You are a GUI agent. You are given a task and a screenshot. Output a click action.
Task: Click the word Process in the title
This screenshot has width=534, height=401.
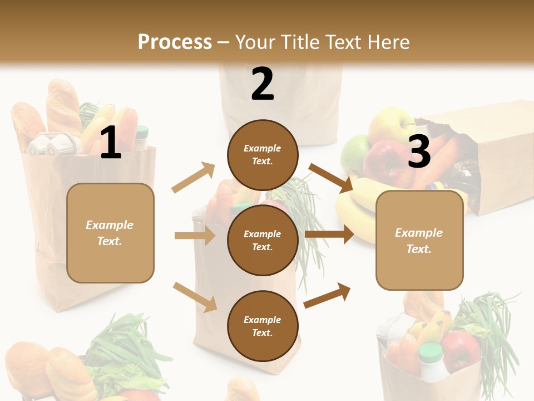click(x=175, y=42)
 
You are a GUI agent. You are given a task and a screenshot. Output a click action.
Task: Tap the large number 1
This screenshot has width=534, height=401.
click(x=111, y=143)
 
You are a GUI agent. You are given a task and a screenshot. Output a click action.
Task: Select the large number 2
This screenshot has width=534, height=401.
click(x=263, y=84)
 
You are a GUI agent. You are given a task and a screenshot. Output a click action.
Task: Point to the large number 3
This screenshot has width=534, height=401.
click(x=419, y=151)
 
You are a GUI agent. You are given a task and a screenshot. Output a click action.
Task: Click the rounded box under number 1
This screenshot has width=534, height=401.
click(x=110, y=233)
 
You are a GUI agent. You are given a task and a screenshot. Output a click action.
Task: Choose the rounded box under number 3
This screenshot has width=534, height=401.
click(x=419, y=240)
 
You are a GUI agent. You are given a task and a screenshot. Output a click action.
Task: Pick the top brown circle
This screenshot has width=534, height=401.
click(x=263, y=155)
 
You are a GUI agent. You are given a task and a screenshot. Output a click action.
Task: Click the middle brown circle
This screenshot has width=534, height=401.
click(x=263, y=240)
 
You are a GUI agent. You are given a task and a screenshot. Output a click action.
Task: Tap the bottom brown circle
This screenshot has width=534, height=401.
click(x=263, y=326)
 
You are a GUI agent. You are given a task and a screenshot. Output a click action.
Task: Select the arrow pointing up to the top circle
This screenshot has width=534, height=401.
click(x=194, y=178)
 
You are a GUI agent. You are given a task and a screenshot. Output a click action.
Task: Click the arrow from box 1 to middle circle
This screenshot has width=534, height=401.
click(x=195, y=236)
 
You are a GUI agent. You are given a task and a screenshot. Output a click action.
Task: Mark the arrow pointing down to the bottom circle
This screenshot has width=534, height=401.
click(x=195, y=297)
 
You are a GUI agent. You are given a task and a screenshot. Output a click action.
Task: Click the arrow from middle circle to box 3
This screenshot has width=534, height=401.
click(x=329, y=234)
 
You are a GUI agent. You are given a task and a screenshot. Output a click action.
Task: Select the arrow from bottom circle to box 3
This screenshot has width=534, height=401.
click(x=328, y=295)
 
